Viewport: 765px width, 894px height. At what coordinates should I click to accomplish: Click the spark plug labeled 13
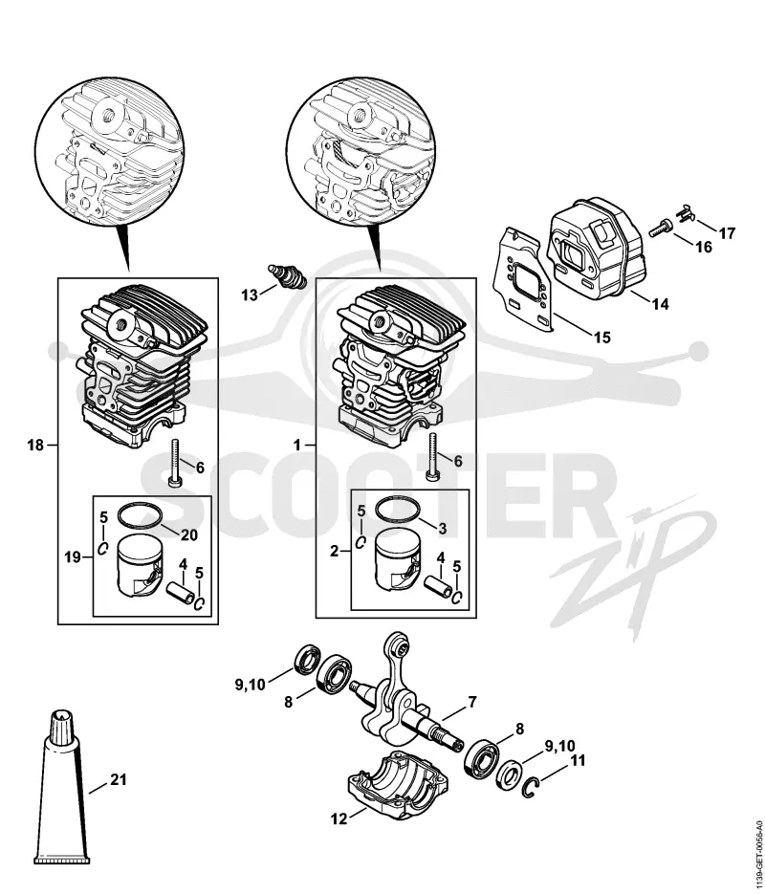pos(289,274)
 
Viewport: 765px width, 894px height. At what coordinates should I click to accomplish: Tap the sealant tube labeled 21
pos(63,787)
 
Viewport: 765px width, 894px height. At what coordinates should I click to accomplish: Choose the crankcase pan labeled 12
pos(395,784)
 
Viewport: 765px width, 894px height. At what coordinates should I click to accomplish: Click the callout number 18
pos(35,445)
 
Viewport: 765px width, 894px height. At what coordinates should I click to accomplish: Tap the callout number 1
pos(297,445)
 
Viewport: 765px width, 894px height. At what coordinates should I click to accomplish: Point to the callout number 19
pos(73,556)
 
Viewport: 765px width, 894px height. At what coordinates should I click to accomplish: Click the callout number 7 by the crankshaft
pos(472,703)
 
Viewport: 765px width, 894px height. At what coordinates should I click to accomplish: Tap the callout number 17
pos(727,232)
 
